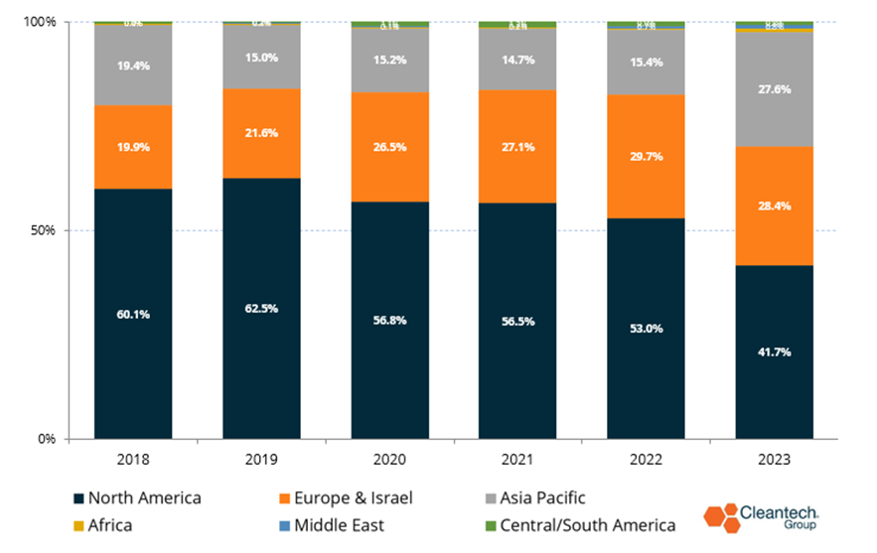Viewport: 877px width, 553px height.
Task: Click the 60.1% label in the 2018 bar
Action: coord(133,314)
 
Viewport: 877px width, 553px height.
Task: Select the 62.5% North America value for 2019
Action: coord(261,309)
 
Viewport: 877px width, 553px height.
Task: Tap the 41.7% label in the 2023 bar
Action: coord(774,351)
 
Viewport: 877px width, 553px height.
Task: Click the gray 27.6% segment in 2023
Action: coord(774,88)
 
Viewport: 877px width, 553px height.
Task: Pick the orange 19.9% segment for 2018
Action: coord(133,147)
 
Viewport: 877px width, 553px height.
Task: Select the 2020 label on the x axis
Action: coord(389,460)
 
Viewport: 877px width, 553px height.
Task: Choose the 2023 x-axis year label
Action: coord(774,460)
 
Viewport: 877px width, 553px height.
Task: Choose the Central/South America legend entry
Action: coord(582,525)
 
